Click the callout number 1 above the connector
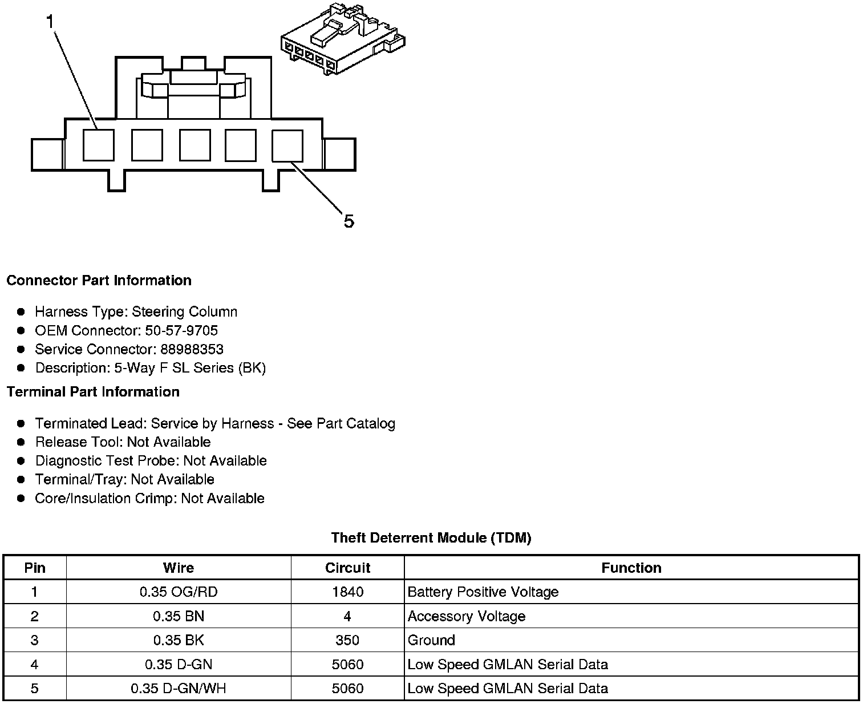tap(51, 22)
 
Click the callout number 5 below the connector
tap(349, 221)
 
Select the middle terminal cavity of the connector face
tap(195, 145)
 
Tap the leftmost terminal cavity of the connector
tap(98, 145)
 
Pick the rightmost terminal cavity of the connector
tap(287, 145)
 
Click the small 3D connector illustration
tap(343, 39)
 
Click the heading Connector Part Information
tap(99, 280)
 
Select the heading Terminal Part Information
tap(93, 391)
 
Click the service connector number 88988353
tap(192, 349)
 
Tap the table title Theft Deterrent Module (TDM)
tap(431, 537)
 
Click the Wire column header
tap(178, 568)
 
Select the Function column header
tap(631, 568)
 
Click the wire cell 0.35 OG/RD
tap(178, 592)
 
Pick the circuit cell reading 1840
tap(347, 592)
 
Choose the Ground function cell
tap(431, 640)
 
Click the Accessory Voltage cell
tap(466, 616)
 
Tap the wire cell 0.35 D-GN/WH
tap(178, 688)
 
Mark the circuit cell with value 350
tap(347, 640)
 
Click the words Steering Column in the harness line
tap(184, 311)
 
